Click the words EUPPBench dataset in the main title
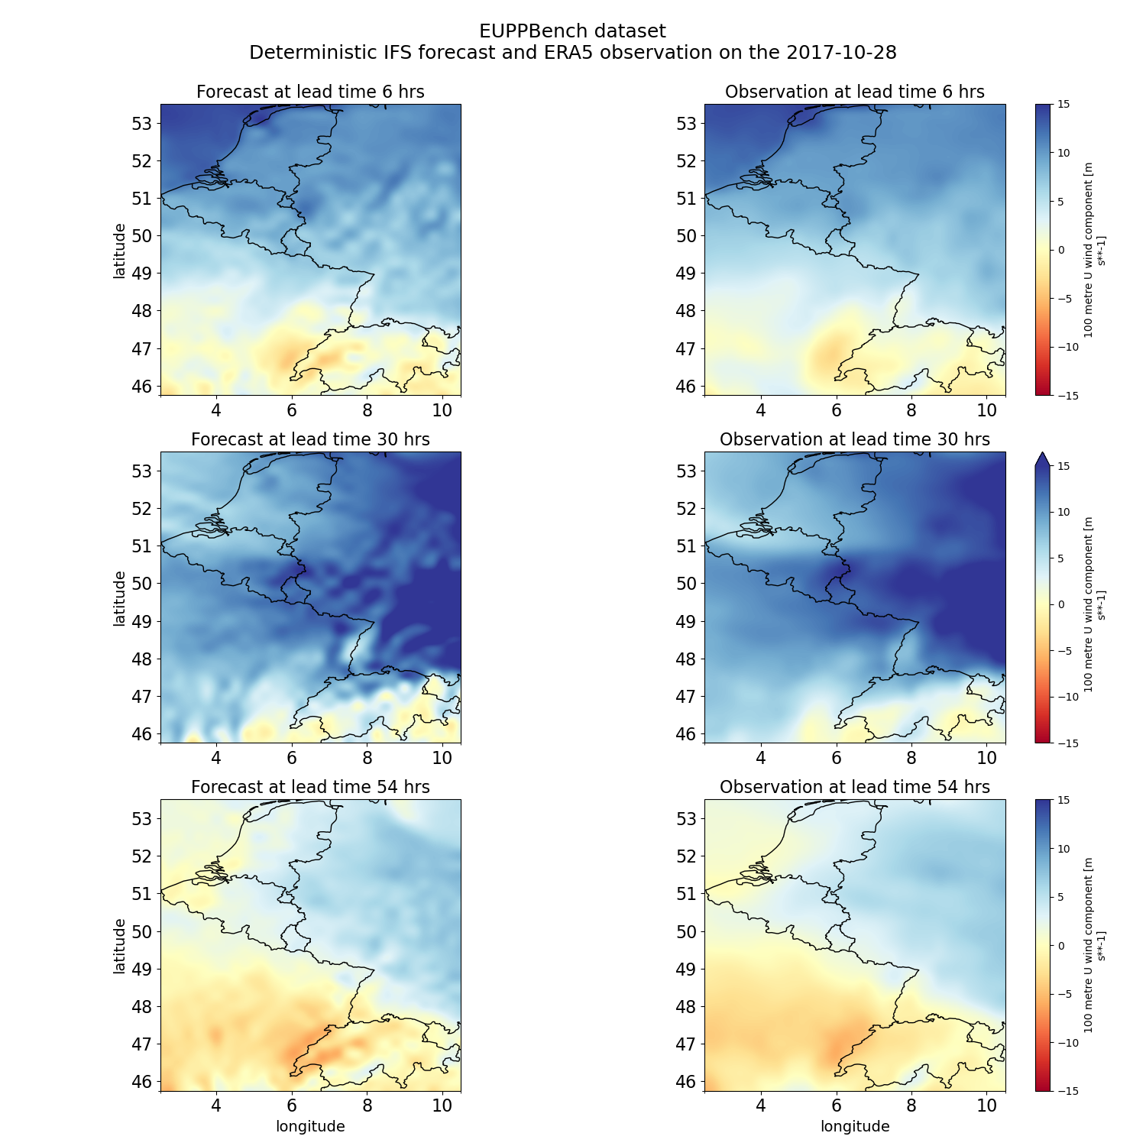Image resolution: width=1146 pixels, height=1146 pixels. [x=572, y=31]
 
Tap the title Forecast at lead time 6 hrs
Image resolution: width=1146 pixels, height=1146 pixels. [x=310, y=92]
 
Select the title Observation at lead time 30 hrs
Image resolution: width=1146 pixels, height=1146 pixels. [x=854, y=440]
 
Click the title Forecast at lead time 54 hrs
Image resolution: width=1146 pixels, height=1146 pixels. [x=310, y=788]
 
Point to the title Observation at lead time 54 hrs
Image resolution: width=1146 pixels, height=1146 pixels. [x=854, y=788]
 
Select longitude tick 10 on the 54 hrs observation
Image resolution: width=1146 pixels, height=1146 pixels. [x=986, y=1105]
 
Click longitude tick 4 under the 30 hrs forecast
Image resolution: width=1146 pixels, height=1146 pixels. [x=216, y=758]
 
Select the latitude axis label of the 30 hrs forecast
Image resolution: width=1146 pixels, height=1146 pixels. [x=119, y=598]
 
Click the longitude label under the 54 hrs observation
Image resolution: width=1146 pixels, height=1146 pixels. [x=854, y=1127]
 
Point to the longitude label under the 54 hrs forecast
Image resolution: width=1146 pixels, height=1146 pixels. [x=310, y=1127]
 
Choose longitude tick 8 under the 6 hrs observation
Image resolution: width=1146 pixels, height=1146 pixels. [x=911, y=410]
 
